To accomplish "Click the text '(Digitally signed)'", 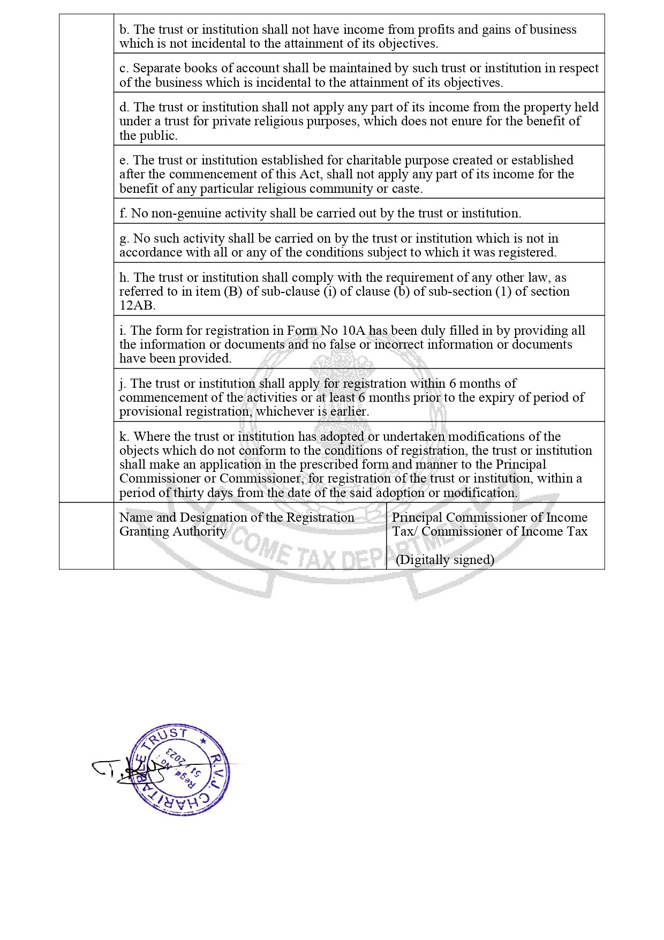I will (444, 560).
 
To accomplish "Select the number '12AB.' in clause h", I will (137, 306).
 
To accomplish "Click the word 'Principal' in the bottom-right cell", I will (417, 517).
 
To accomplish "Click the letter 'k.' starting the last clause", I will (124, 437).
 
